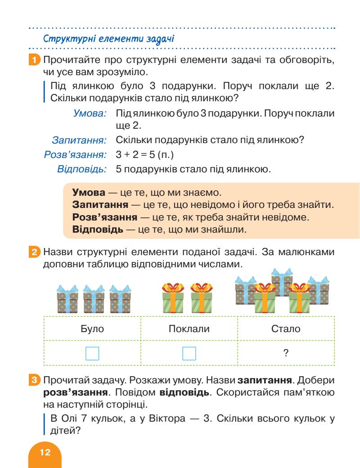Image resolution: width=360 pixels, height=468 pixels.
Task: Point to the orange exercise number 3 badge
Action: click(38, 377)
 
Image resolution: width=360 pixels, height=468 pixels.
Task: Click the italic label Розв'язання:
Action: click(75, 155)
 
